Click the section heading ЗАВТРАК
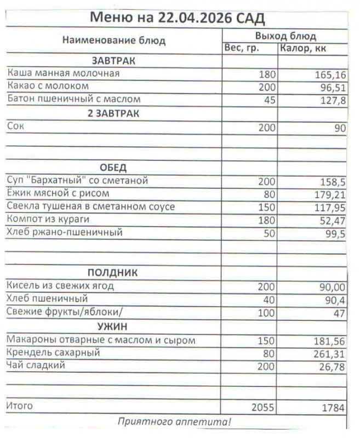pyautogui.click(x=113, y=60)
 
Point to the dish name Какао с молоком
pyautogui.click(x=48, y=87)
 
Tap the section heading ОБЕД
pyautogui.click(x=113, y=168)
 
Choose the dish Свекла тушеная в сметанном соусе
pyautogui.click(x=91, y=206)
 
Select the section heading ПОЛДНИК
pyautogui.click(x=112, y=273)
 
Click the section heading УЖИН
pyautogui.click(x=112, y=327)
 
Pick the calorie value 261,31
pyautogui.click(x=328, y=354)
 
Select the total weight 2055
pyautogui.click(x=263, y=407)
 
